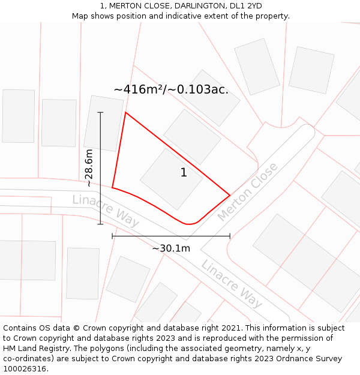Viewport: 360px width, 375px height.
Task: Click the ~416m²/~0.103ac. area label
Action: tap(171, 89)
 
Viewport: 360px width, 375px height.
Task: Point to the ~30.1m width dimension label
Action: tap(171, 248)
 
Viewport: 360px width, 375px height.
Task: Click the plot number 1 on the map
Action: tap(184, 173)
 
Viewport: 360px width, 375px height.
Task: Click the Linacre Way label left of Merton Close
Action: tap(106, 211)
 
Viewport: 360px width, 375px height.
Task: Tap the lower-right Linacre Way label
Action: tap(232, 284)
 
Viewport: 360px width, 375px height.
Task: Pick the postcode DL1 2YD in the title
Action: tap(245, 6)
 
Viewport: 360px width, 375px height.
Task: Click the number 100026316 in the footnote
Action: tap(25, 369)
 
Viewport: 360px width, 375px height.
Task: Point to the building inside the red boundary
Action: tap(172, 179)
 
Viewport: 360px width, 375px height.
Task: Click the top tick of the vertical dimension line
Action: tap(100, 112)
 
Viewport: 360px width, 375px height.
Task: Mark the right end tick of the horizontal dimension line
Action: tap(230, 236)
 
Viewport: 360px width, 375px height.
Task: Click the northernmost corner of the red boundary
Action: tap(125, 112)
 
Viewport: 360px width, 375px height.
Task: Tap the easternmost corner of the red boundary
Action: tap(230, 195)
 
